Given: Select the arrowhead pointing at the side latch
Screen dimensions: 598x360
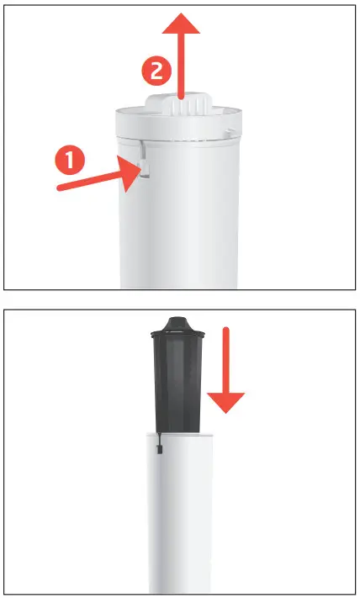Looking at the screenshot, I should tap(130, 173).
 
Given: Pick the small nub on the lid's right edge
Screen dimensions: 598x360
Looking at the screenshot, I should tap(230, 133).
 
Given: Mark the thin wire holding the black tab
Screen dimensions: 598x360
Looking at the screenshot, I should tap(158, 439).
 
